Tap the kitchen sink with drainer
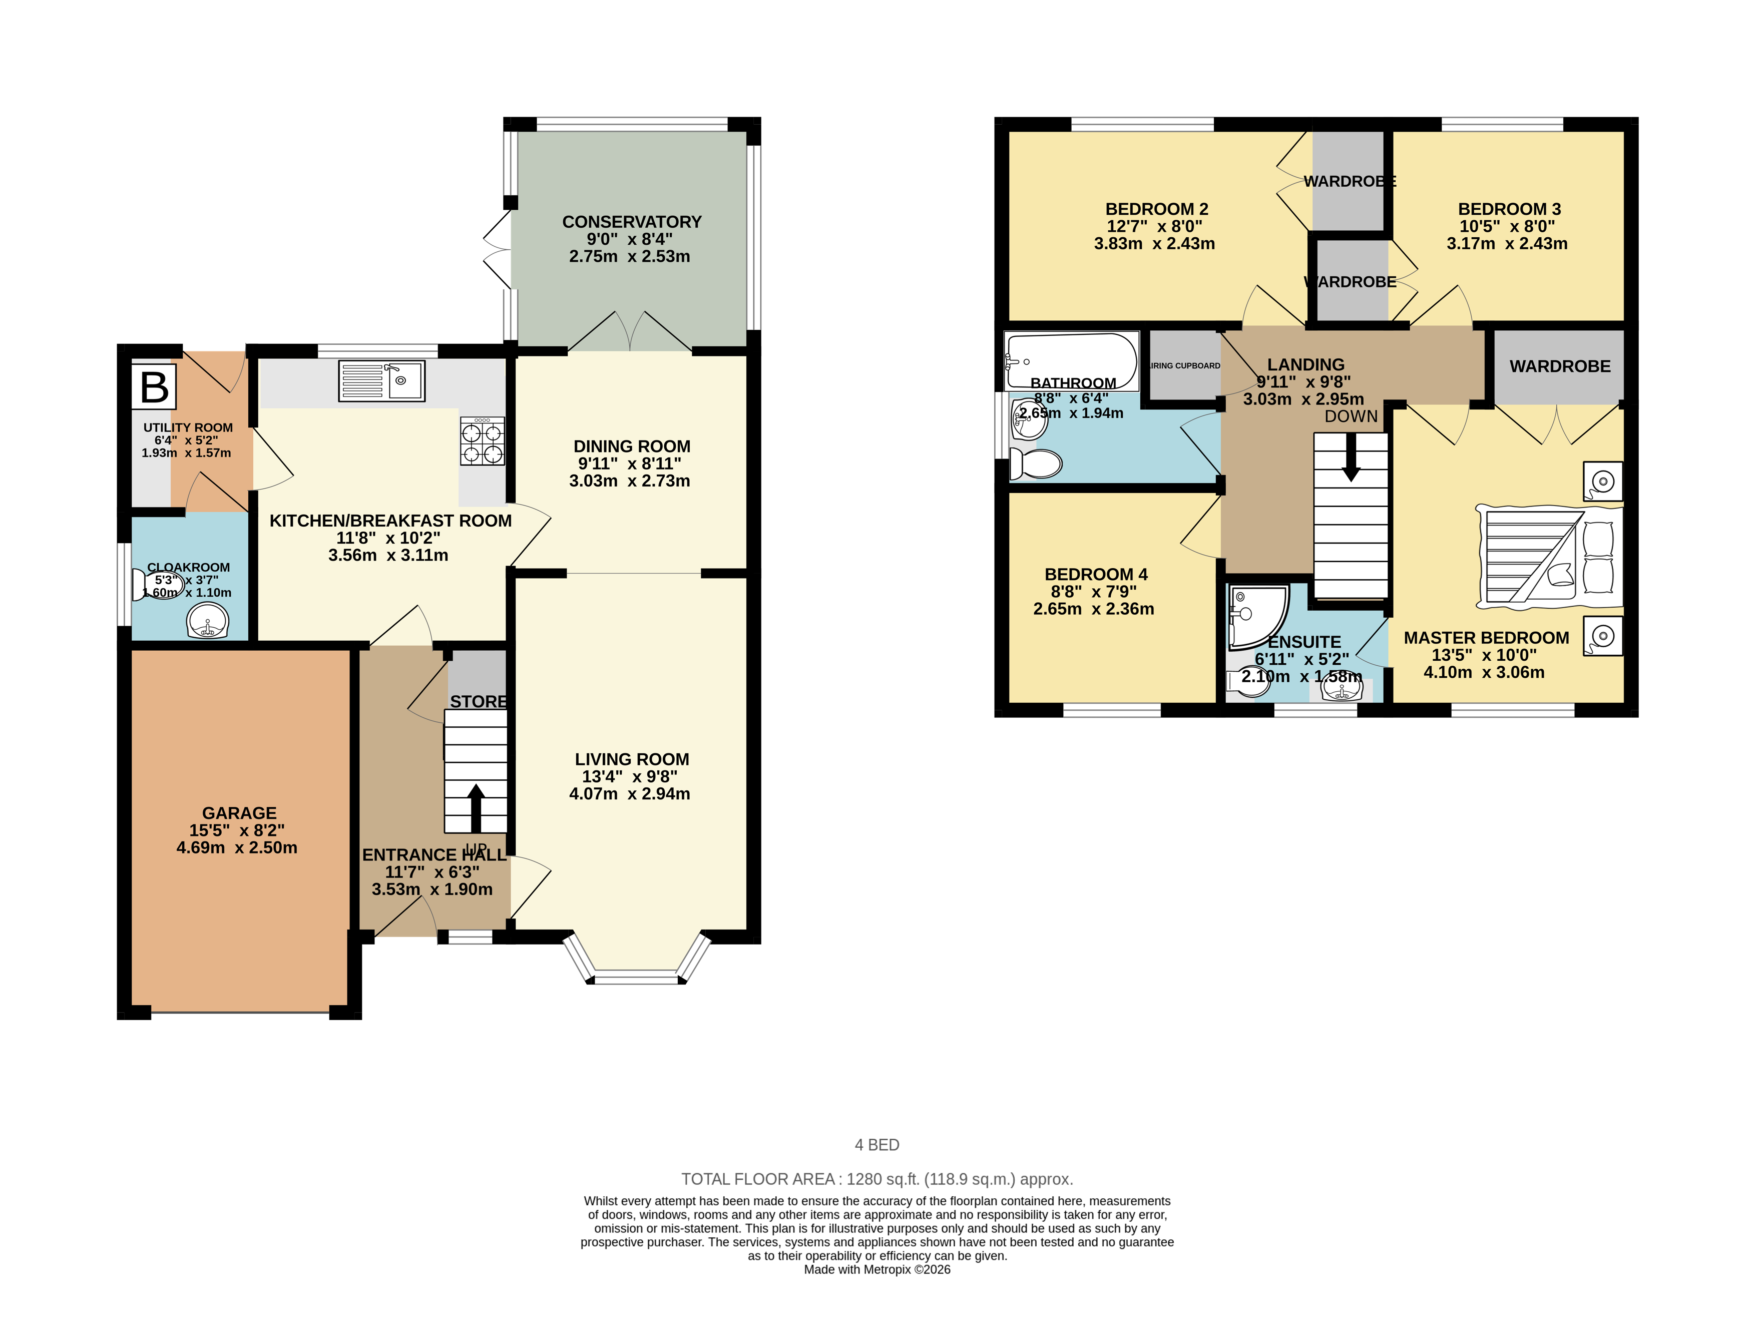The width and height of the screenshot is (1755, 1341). (381, 381)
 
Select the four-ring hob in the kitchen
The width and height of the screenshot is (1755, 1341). (482, 442)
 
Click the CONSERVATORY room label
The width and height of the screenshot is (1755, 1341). (631, 222)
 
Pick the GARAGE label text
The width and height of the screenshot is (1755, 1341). (239, 812)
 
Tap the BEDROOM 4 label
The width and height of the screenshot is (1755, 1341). (1096, 574)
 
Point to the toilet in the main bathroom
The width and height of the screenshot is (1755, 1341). (1035, 463)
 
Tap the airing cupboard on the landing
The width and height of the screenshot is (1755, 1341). (1184, 365)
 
